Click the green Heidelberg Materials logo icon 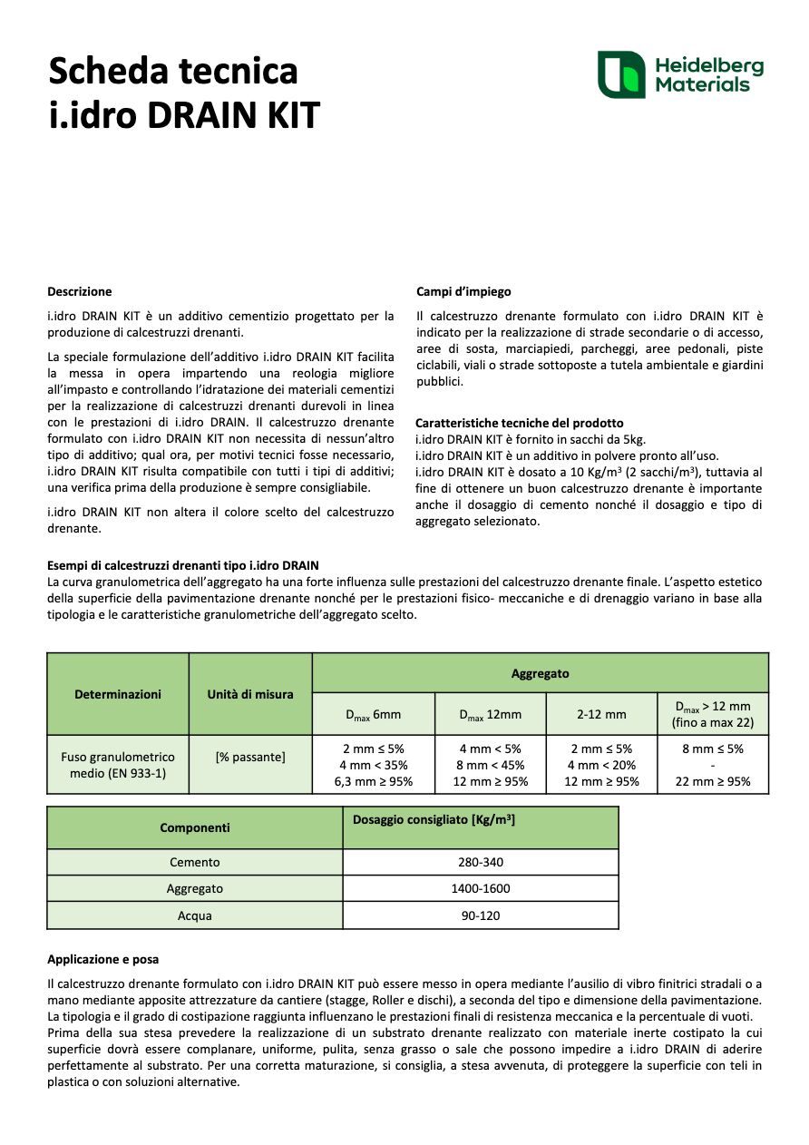620,74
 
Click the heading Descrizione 80,291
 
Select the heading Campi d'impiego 463,291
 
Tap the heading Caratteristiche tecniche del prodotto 519,423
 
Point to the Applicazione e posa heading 102,959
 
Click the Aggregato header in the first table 540,673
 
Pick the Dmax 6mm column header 373,714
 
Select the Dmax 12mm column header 490,714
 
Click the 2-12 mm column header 600,714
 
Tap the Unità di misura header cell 249,694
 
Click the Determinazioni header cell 117,694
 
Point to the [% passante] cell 249,757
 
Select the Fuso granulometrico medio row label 117,765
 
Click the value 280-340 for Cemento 480,862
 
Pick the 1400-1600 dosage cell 480,888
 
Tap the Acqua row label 194,915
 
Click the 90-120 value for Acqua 480,915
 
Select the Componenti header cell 194,827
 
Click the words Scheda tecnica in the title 172,70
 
